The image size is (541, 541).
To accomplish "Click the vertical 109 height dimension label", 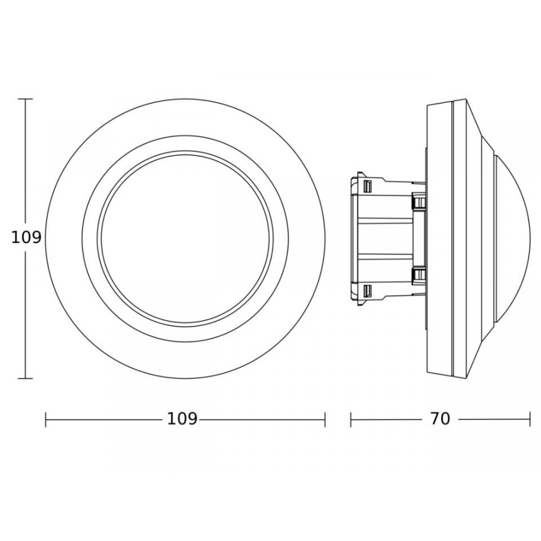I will pos(26,237).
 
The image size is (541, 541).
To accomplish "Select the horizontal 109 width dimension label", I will pos(182,419).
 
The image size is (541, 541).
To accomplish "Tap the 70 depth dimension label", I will pos(439,419).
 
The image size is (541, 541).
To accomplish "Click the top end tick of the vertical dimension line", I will pos(26,99).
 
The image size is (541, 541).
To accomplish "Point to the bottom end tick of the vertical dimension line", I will pos(26,378).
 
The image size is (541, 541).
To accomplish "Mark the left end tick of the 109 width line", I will pos(46,419).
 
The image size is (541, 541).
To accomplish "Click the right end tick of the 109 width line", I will pos(325,419).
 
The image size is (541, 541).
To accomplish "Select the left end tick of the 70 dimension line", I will pos(351,419).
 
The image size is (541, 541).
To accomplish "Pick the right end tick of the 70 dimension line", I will pos(530,419).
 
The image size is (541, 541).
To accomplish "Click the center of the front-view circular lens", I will pos(186,239).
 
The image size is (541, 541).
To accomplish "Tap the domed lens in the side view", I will pos(514,239).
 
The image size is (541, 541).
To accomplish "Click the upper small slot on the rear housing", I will pos(368,186).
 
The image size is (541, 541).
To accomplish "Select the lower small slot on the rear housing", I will pos(368,291).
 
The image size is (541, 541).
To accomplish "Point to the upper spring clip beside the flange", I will pos(418,201).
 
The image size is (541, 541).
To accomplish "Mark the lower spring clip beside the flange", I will pos(418,275).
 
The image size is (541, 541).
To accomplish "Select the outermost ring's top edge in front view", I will pos(186,99).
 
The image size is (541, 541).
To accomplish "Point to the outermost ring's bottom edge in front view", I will pos(186,378).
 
